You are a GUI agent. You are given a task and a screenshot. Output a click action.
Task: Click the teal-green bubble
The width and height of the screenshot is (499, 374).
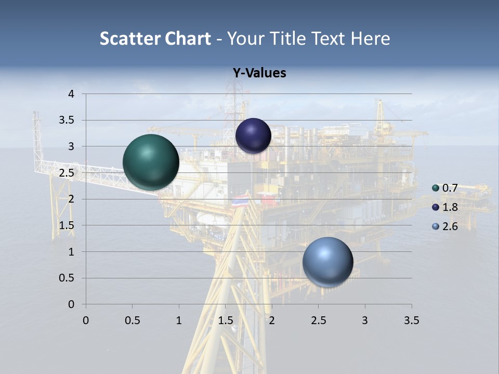[x=151, y=162]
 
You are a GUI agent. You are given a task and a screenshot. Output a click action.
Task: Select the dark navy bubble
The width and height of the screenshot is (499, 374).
[x=253, y=136]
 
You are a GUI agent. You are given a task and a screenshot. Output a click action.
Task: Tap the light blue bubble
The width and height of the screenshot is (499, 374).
[x=327, y=262]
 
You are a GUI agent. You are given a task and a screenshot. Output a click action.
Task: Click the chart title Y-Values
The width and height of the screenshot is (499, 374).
[x=259, y=73]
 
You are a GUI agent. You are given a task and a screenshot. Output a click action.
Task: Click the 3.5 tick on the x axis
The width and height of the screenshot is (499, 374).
[x=411, y=320]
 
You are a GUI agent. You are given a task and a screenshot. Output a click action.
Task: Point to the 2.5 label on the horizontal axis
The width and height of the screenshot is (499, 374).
[x=318, y=320]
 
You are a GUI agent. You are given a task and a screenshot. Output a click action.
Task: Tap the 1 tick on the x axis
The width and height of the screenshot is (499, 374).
[x=179, y=320]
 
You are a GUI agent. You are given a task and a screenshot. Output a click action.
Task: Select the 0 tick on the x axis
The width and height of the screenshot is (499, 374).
[x=86, y=320]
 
